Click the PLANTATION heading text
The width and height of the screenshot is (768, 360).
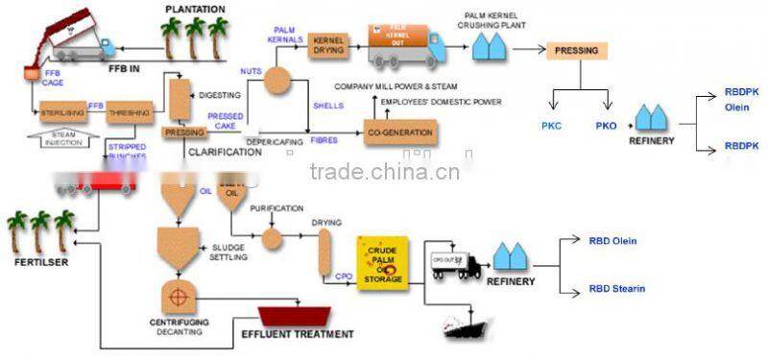(x=195, y=11)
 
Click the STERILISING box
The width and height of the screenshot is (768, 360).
(x=61, y=113)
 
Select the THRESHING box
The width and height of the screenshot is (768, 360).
(x=125, y=113)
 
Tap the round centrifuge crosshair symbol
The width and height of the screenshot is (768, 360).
(x=176, y=289)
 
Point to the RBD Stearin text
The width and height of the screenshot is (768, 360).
(x=616, y=288)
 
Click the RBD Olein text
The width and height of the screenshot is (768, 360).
(x=612, y=241)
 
